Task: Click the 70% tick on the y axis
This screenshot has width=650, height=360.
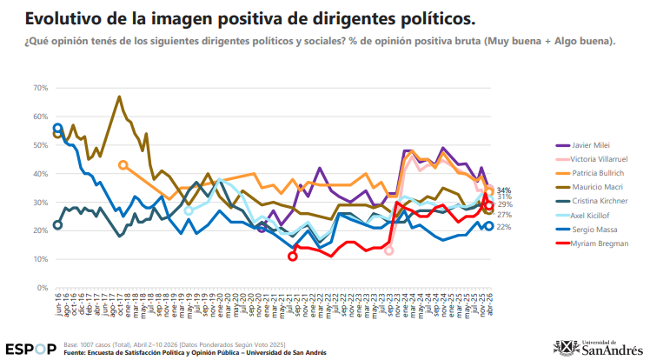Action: coord(40,88)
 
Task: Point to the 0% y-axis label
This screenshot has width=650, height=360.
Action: coord(42,288)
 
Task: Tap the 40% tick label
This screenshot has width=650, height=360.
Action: coord(40,174)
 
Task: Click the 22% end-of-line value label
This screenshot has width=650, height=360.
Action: coord(504,227)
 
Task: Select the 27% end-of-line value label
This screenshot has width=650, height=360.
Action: coord(504,214)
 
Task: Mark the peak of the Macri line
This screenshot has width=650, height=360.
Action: coord(119,97)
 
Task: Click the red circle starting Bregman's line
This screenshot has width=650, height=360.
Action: coord(293,257)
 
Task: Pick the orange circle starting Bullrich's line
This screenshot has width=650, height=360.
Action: coord(123,164)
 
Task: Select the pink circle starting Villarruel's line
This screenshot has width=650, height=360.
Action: coord(388,250)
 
